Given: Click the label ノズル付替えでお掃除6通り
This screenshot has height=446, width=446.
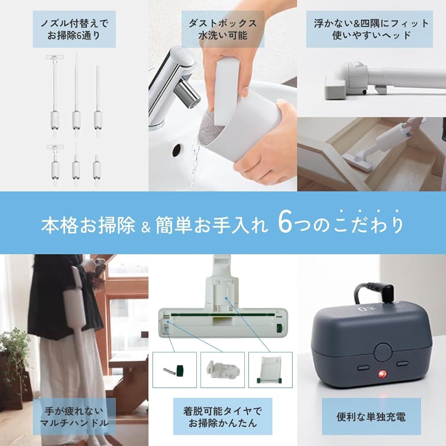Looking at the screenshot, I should [74, 29].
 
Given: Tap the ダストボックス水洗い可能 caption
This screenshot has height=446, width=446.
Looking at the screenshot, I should [223, 29].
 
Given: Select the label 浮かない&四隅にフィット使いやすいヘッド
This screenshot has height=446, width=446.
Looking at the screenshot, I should [371, 29].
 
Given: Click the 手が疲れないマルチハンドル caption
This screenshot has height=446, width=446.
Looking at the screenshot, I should [74, 417].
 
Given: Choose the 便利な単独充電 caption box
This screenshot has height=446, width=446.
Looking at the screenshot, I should [371, 417].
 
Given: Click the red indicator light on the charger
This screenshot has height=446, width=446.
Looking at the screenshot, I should [382, 374].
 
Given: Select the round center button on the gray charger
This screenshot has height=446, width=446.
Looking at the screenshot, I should [383, 351].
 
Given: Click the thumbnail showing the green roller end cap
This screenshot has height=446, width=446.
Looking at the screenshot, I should [174, 369].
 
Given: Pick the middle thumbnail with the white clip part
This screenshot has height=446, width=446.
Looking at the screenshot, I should [222, 369].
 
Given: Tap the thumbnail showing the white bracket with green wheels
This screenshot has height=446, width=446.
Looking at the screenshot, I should [270, 369].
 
